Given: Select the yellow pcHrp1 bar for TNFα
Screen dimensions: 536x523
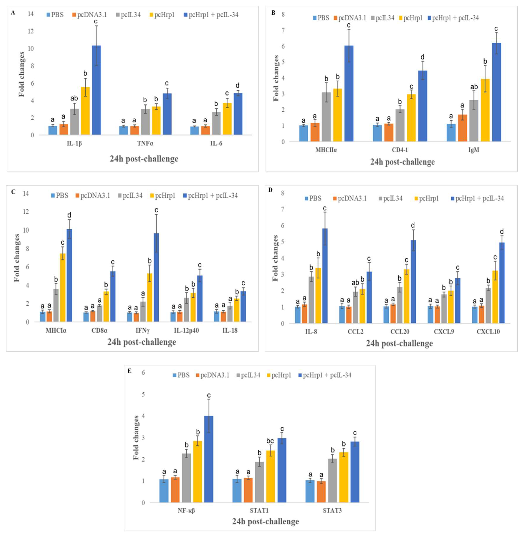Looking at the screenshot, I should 156,121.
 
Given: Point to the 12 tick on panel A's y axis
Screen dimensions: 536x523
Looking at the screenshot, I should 31,31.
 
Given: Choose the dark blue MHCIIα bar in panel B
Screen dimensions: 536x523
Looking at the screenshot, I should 349,93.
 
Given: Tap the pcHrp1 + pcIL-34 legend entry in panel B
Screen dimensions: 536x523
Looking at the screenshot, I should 453,18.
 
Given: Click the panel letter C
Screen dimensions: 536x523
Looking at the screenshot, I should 13,192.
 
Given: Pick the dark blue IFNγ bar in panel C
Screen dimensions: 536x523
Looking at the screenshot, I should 156,277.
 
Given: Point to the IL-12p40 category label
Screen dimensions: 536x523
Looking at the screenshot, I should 187,330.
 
